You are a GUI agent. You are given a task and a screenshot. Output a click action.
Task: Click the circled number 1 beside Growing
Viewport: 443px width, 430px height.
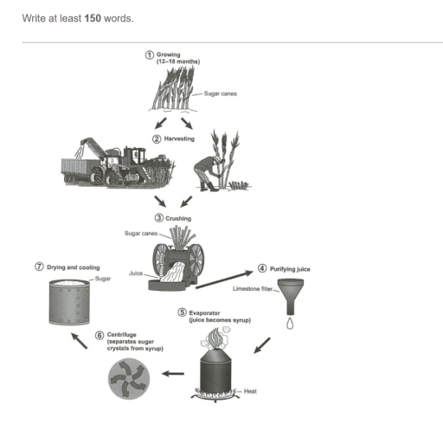(150, 55)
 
